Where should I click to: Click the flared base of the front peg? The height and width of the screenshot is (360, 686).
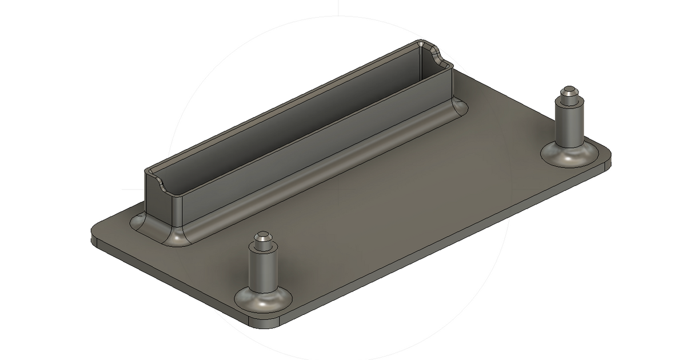click(x=263, y=299)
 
